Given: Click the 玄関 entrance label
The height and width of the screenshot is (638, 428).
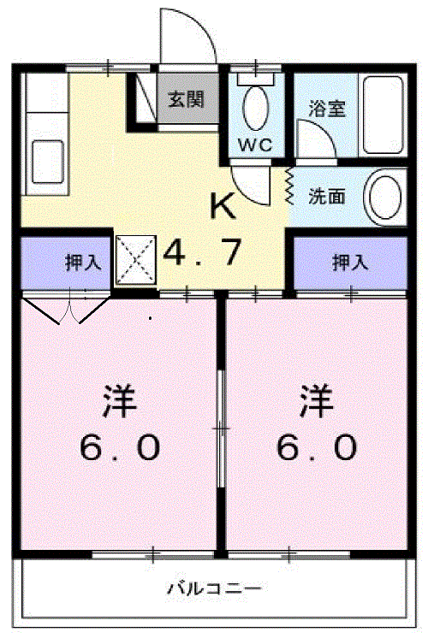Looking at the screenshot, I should click(185, 100).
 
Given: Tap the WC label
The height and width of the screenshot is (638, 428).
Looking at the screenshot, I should click(255, 145).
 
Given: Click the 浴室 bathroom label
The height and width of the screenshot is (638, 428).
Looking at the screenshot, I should click(324, 110).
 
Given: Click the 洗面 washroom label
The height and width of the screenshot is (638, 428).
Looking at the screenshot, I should click(327, 196).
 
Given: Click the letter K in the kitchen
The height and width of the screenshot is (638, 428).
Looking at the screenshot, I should click(223, 206).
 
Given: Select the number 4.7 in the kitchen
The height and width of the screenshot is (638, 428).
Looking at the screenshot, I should click(202, 253).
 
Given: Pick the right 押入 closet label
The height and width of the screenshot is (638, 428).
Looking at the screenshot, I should click(350, 263).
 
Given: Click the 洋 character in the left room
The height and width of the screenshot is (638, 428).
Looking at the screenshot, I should click(121, 400).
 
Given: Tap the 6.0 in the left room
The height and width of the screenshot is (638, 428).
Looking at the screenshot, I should click(120, 446).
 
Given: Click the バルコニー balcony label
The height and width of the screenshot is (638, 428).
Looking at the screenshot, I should click(213, 588).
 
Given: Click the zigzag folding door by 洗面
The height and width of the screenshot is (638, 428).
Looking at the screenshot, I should click(289, 186).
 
